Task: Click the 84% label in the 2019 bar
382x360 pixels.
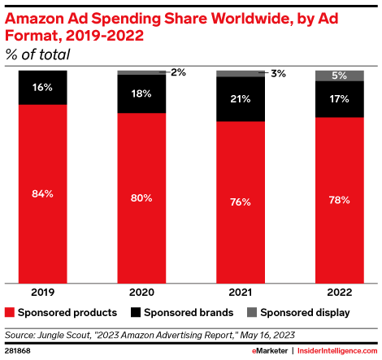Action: pyautogui.click(x=43, y=193)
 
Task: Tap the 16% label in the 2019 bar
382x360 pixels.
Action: pyautogui.click(x=43, y=87)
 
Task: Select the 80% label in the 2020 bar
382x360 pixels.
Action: pyautogui.click(x=141, y=197)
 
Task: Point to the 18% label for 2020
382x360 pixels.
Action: pyautogui.click(x=141, y=93)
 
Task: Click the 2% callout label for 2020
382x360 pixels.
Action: pyautogui.click(x=178, y=72)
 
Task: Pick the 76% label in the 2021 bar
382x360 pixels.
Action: pyautogui.click(x=241, y=202)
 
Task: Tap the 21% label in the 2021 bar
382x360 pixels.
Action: pyautogui.click(x=241, y=98)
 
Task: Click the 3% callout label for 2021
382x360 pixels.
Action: pyautogui.click(x=278, y=73)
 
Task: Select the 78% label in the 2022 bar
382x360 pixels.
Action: pyautogui.click(x=340, y=199)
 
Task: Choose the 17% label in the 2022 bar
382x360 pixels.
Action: pyautogui.click(x=340, y=99)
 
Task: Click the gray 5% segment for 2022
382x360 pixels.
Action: pyautogui.click(x=340, y=76)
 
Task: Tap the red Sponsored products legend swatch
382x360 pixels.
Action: pyautogui.click(x=11, y=312)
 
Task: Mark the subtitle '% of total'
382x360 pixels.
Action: pyautogui.click(x=37, y=54)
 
